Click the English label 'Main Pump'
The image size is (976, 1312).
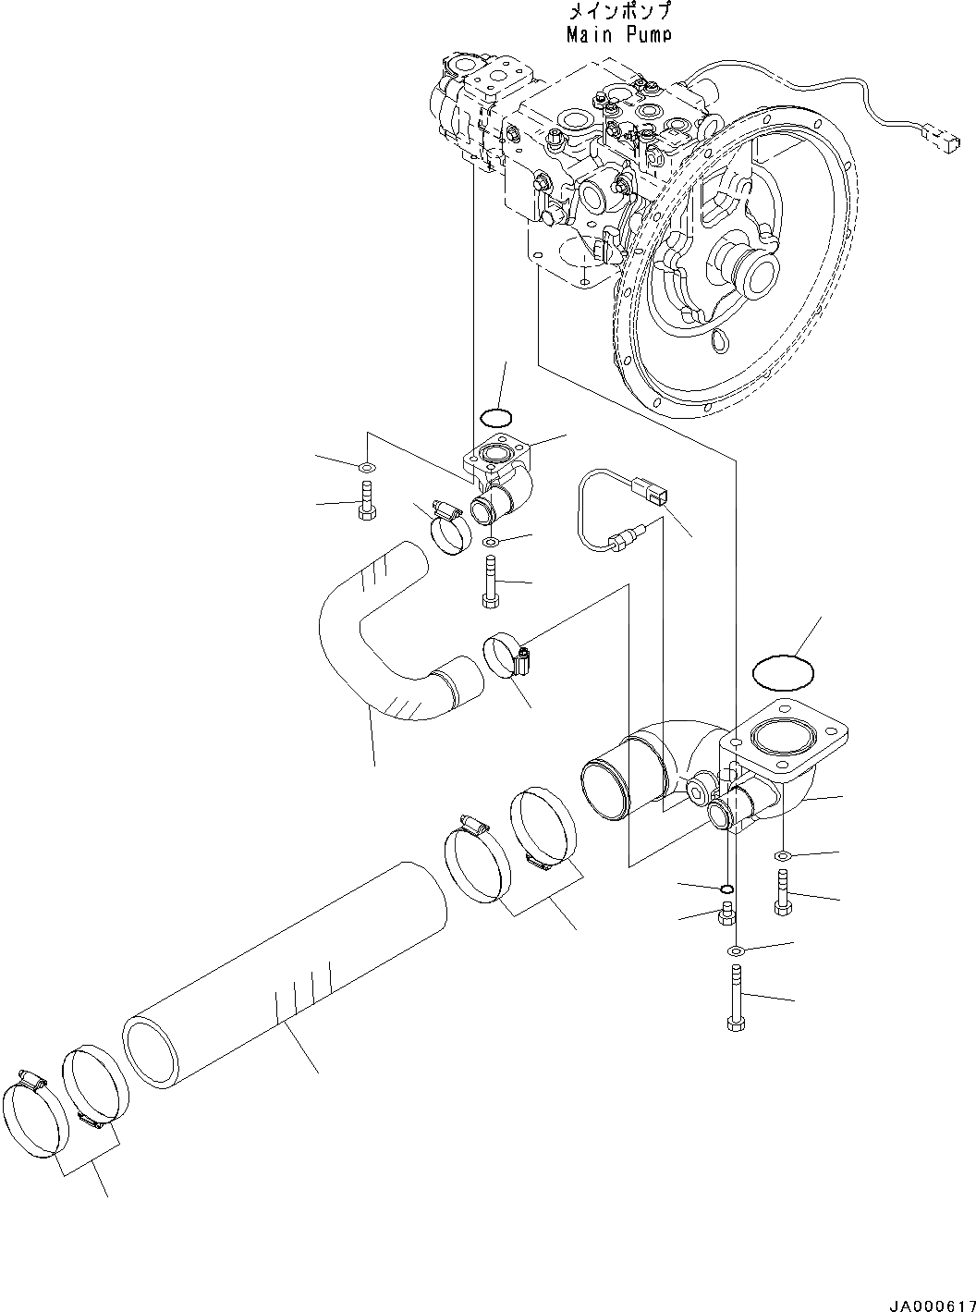pyautogui.click(x=618, y=34)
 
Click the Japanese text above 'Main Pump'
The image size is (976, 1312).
pyautogui.click(x=618, y=13)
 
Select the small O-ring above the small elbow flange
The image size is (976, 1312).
pyautogui.click(x=495, y=414)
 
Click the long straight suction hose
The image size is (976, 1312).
pyautogui.click(x=287, y=971)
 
